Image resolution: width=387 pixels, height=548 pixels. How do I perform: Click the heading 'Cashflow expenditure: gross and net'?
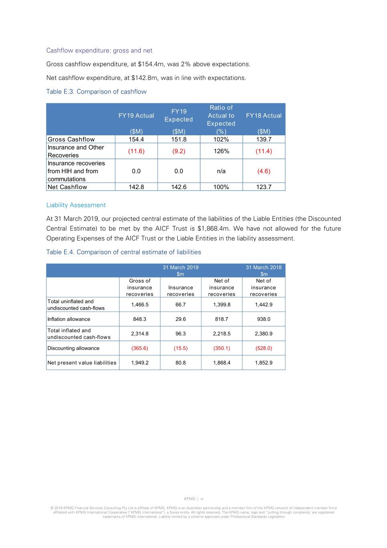(99, 51)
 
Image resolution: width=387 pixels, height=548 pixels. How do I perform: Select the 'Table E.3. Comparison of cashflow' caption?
(96, 92)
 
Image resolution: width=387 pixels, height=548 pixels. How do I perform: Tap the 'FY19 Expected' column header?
(178, 116)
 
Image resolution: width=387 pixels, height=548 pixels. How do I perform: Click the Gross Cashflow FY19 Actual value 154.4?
(136, 139)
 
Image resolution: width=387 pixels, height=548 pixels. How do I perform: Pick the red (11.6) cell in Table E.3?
(136, 151)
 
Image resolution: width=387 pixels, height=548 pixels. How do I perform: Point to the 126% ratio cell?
(221, 151)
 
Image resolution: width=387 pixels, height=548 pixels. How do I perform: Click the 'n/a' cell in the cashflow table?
(221, 171)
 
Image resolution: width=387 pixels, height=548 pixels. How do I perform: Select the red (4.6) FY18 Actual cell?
(263, 171)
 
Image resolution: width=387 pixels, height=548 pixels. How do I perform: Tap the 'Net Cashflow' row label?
(67, 187)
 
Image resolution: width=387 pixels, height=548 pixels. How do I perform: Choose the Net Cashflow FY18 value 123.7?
(263, 187)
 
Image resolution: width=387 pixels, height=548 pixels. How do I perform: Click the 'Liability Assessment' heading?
(76, 205)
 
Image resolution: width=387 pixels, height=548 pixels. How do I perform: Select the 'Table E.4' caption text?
(124, 252)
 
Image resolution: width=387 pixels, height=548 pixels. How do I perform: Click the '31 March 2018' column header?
(263, 267)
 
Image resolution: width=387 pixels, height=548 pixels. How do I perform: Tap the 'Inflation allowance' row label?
(69, 319)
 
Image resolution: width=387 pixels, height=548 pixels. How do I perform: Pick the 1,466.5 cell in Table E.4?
(140, 305)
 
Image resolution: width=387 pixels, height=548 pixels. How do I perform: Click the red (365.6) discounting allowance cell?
(140, 348)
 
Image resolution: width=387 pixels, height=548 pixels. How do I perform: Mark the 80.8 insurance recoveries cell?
(180, 363)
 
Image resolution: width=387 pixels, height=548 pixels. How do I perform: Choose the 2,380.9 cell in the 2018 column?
(263, 334)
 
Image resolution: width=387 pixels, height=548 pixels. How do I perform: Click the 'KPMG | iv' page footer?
(194, 499)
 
